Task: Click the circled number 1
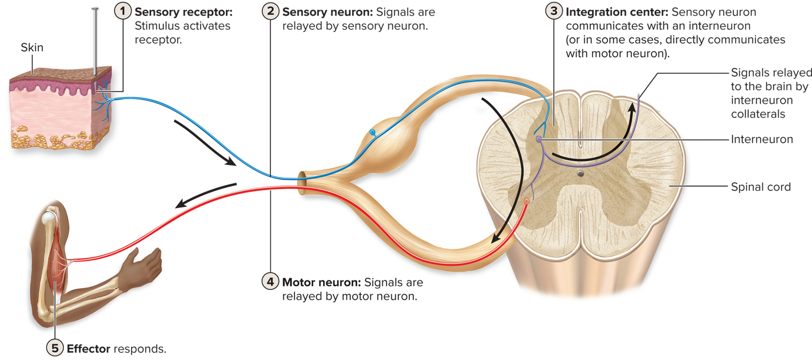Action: pos(123,11)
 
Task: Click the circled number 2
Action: pos(270,11)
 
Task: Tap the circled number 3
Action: pos(554,11)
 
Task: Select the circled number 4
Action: pos(270,281)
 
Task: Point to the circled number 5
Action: pos(55,348)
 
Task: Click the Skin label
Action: pos(32,47)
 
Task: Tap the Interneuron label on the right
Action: pos(762,139)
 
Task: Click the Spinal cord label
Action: pos(760,187)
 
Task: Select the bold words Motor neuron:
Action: pos(321,282)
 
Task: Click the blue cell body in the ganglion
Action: pos(372,132)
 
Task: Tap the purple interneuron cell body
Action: pos(538,139)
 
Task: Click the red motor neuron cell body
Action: pos(527,201)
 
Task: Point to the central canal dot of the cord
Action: pos(581,174)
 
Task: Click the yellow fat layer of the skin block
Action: pos(55,140)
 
